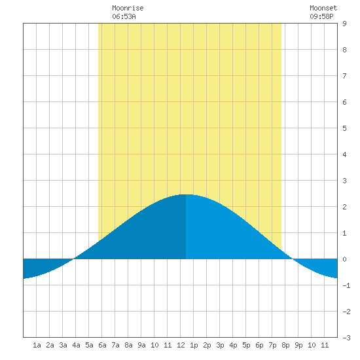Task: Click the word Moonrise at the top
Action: [x=128, y=8]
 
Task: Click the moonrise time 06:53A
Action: [x=124, y=16]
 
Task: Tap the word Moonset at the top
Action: [x=323, y=8]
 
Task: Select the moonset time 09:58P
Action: [x=321, y=16]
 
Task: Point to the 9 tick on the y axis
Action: [x=344, y=24]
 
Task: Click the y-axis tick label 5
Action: [x=344, y=128]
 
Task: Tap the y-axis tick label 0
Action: [x=344, y=259]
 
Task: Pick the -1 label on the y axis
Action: [x=346, y=285]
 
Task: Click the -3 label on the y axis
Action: [x=346, y=338]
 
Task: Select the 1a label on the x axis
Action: [x=37, y=345]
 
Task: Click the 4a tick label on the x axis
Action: [x=76, y=345]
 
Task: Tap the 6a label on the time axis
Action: [x=102, y=345]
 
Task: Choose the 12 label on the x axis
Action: [x=181, y=345]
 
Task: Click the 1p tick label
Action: [x=194, y=345]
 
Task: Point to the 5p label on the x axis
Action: [x=246, y=345]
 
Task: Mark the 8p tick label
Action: [x=285, y=345]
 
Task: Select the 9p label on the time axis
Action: [x=298, y=345]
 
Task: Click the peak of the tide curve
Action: [x=186, y=194]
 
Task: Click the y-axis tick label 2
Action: [x=344, y=207]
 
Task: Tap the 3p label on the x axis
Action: [x=220, y=345]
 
